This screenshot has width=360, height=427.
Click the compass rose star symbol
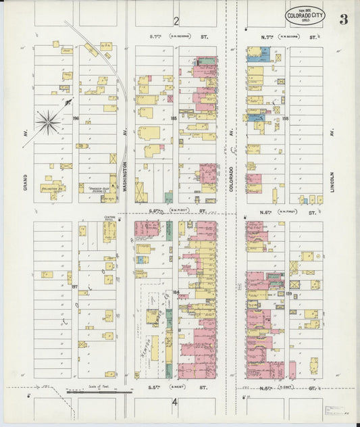[x=48, y=122]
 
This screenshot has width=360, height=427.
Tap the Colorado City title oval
[x=305, y=14]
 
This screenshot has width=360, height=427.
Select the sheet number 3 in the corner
[x=343, y=19]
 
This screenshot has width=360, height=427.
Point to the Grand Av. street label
[x=26, y=178]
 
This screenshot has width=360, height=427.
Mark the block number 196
[x=76, y=118]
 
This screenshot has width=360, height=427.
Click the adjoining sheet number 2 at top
[x=175, y=20]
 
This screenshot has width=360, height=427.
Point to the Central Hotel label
[x=110, y=219]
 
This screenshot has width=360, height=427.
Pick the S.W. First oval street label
[x=180, y=211]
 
